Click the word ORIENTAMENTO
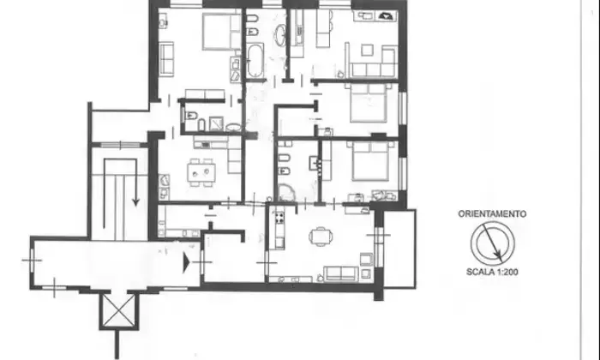coord(492,214)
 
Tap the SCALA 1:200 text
coord(492,272)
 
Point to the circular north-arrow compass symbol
coord(493,243)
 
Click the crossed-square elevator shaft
coord(118,310)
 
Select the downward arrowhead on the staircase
coord(135,201)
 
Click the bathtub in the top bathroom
coord(255,60)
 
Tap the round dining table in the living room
coord(321,236)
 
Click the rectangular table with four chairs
coord(201,172)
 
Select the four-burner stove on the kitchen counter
coord(279,218)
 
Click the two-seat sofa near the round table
coord(340,274)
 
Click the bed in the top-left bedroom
coord(216,32)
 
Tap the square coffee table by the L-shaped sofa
coord(368,50)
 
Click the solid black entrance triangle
coord(186,262)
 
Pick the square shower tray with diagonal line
coord(217,123)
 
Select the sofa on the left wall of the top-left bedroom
coord(166,58)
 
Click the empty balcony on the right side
coord(399,249)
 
